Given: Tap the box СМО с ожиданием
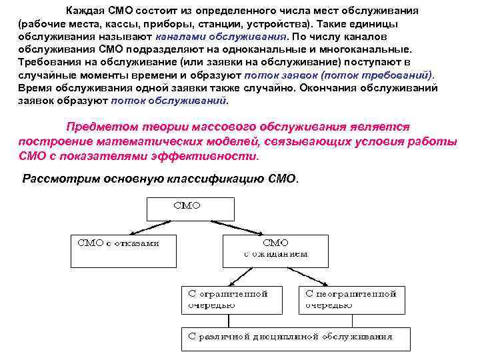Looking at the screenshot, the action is (275, 249).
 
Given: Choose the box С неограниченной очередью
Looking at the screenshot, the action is (350, 299).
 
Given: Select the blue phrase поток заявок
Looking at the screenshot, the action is (276, 75).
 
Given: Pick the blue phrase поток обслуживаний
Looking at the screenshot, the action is (168, 101).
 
